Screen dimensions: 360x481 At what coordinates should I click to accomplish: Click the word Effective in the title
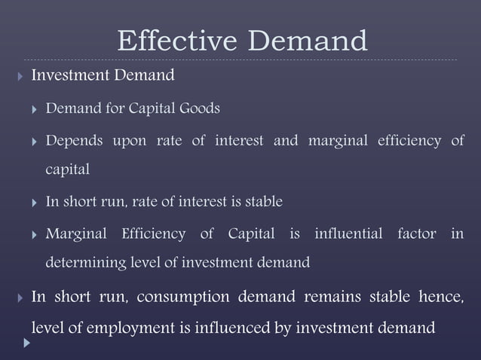[x=177, y=41]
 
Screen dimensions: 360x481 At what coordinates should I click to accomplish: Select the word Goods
[x=199, y=108]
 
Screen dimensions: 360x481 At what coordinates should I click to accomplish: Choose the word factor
[x=417, y=234]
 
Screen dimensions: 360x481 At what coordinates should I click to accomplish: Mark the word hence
[x=439, y=296]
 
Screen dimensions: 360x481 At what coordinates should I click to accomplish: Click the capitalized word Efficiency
[x=154, y=234]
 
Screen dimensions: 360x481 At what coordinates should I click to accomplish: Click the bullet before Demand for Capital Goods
[x=32, y=109]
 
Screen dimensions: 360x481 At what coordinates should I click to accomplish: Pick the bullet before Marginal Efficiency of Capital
[x=32, y=235]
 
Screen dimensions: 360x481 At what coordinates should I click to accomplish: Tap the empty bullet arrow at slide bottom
[x=27, y=343]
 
